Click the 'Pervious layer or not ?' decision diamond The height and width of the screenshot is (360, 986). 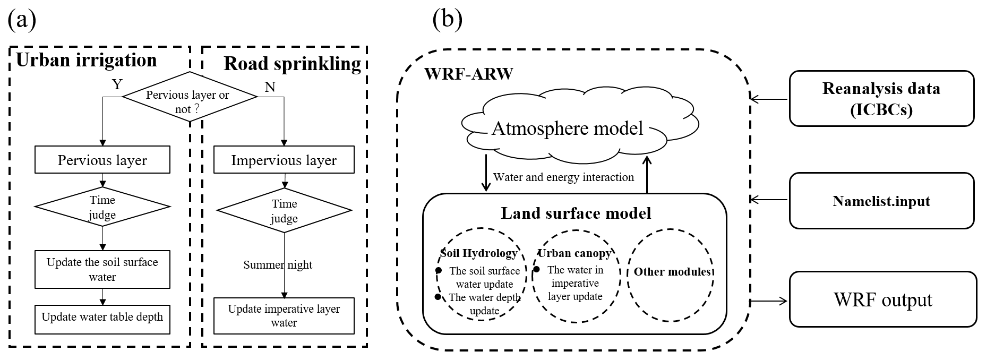click(x=189, y=97)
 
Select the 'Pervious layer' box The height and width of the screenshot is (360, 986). click(x=102, y=160)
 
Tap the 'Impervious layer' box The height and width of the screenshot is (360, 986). click(x=284, y=160)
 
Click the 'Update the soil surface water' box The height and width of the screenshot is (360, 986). click(x=102, y=269)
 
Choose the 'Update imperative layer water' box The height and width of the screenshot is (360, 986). click(x=284, y=316)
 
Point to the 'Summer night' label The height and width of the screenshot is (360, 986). click(x=278, y=265)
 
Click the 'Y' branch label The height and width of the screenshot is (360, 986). click(x=117, y=84)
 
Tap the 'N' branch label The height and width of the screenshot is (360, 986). click(x=270, y=87)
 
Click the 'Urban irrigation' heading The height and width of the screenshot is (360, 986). click(x=87, y=60)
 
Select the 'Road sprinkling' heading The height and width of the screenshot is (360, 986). click(x=292, y=64)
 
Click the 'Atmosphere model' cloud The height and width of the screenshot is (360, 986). click(x=567, y=128)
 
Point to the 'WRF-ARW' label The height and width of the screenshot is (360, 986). click(x=468, y=74)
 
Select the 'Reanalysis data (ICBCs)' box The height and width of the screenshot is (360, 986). click(x=881, y=99)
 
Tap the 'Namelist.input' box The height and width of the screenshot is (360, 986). click(x=881, y=201)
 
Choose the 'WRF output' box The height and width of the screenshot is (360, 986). click(x=882, y=300)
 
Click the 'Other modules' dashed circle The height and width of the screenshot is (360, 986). click(x=671, y=275)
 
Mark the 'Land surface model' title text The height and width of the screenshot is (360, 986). click(x=576, y=213)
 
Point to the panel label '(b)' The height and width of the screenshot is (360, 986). click(x=448, y=20)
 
